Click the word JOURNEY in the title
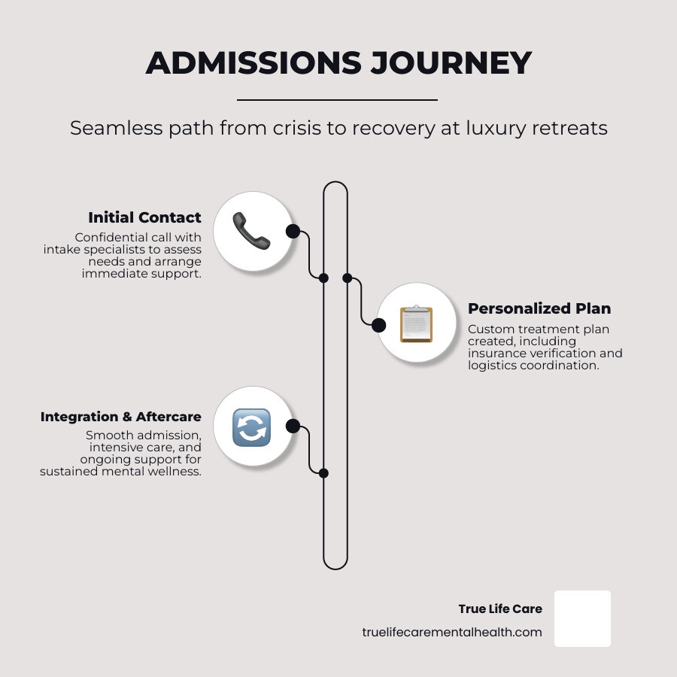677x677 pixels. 451,63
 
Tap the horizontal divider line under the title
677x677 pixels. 337,99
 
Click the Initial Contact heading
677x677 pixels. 144,217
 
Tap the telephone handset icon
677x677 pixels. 251,231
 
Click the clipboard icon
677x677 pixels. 416,324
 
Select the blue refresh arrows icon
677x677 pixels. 251,427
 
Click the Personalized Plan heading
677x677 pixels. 539,308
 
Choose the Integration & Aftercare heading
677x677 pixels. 120,417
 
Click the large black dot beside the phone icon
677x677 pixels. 293,231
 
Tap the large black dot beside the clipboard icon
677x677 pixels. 379,325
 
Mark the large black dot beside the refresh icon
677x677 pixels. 293,427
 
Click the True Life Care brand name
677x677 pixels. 500,609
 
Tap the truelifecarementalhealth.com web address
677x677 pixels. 451,633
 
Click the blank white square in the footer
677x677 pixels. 582,618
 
